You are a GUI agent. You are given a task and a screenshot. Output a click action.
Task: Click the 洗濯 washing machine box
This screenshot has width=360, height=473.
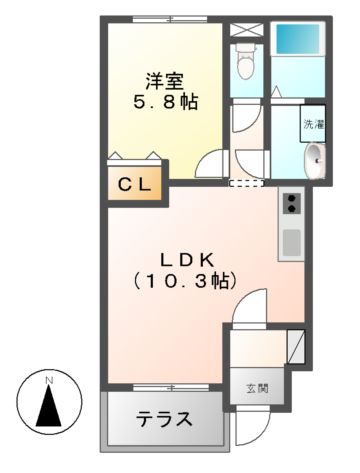[x=313, y=125]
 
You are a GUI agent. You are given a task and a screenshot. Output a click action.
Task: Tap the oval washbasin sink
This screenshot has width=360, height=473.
[x=315, y=158]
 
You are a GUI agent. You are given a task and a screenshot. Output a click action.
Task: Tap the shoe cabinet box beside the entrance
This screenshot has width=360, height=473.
[x=296, y=346]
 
